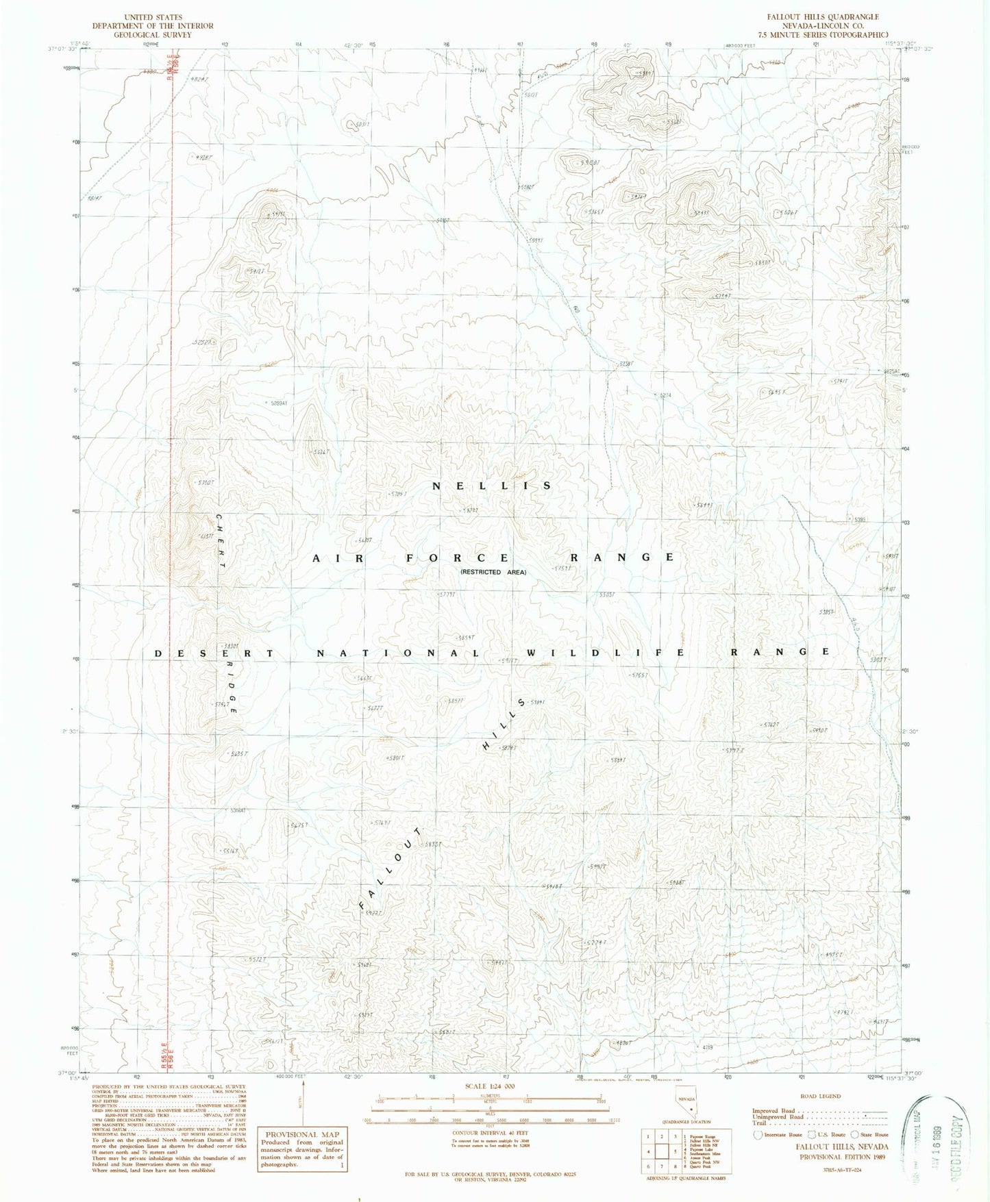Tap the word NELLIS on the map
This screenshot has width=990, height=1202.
pyautogui.click(x=492, y=486)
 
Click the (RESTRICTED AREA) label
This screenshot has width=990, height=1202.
pyautogui.click(x=493, y=572)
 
